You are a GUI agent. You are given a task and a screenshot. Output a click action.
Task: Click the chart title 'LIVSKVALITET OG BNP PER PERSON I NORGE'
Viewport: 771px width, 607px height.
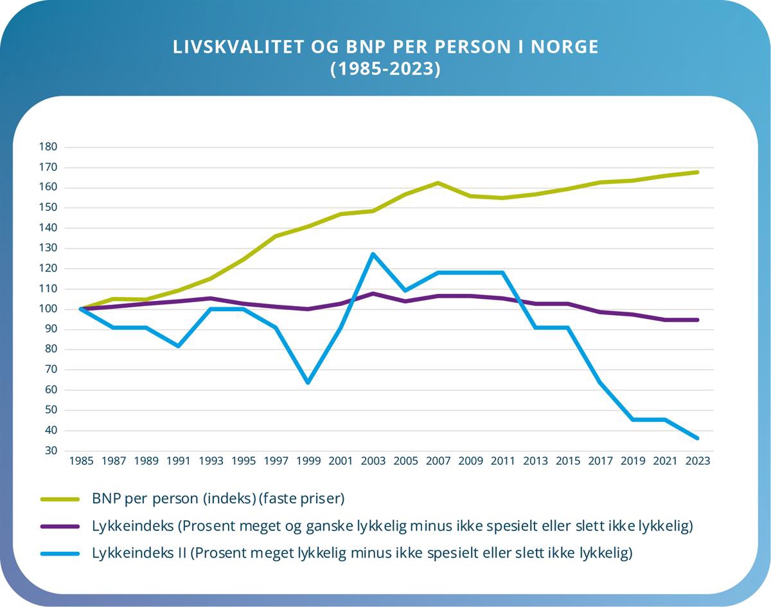point(385,48)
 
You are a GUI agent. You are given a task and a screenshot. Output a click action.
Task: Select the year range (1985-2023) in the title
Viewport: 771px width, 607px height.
point(385,69)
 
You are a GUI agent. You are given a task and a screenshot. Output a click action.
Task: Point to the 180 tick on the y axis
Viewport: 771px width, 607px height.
point(49,147)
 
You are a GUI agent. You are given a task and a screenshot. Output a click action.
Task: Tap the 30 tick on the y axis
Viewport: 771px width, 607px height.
point(51,451)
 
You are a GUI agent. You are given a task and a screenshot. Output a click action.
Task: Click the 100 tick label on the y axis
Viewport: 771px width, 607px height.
point(49,309)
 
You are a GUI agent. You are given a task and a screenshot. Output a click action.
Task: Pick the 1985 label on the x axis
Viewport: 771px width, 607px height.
point(81,461)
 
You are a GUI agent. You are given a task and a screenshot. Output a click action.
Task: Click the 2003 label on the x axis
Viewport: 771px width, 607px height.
point(373,461)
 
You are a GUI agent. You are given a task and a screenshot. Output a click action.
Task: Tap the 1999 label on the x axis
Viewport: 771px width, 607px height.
point(308,461)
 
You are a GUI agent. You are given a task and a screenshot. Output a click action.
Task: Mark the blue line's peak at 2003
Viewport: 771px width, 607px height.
point(373,254)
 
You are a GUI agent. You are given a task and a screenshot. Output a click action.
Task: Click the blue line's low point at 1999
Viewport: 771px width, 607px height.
point(308,383)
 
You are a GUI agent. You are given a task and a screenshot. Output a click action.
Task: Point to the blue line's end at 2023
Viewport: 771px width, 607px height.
point(697,438)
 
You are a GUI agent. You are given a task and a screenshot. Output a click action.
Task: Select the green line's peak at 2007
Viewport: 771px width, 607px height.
point(438,183)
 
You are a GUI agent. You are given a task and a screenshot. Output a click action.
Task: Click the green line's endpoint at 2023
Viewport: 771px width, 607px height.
point(697,172)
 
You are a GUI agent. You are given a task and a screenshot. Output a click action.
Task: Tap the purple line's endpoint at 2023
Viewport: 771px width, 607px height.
point(697,320)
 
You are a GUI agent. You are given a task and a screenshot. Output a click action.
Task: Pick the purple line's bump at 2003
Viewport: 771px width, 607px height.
point(373,293)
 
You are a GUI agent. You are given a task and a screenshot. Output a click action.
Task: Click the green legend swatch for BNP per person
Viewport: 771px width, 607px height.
point(59,498)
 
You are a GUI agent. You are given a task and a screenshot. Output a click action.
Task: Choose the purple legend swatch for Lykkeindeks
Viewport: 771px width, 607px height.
point(59,526)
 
